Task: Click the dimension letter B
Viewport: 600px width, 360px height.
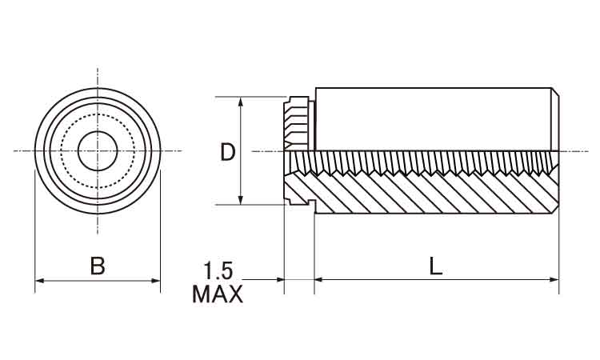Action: click(98, 266)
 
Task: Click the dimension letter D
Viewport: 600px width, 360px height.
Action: click(228, 152)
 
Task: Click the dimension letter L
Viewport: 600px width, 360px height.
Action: click(435, 266)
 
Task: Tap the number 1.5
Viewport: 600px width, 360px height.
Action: click(217, 270)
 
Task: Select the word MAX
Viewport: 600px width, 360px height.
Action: click(217, 294)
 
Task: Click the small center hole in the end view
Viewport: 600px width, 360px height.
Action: click(98, 150)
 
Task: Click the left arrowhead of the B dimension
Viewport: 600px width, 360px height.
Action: click(38, 280)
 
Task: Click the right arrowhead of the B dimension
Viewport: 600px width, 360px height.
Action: click(157, 280)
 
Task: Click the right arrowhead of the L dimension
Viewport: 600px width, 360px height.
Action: click(554, 279)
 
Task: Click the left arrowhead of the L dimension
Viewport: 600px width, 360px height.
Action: click(318, 279)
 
